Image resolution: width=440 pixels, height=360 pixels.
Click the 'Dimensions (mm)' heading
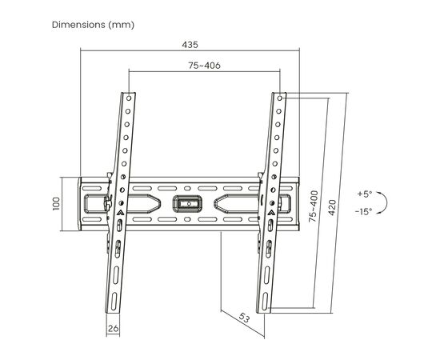point(94,24)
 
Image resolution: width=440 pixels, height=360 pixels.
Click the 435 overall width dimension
point(190,45)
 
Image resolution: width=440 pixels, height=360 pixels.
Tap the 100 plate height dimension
point(57,204)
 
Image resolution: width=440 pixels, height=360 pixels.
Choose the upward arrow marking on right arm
point(271,213)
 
